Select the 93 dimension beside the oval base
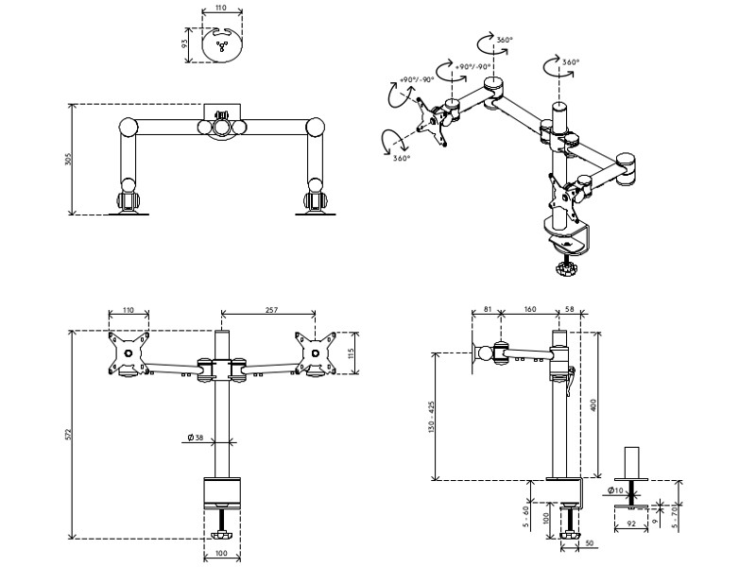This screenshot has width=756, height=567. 184,43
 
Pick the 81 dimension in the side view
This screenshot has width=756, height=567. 486,310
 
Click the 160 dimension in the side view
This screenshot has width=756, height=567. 529,310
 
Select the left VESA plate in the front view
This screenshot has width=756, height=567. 128,353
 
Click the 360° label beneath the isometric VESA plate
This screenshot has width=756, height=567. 402,158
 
